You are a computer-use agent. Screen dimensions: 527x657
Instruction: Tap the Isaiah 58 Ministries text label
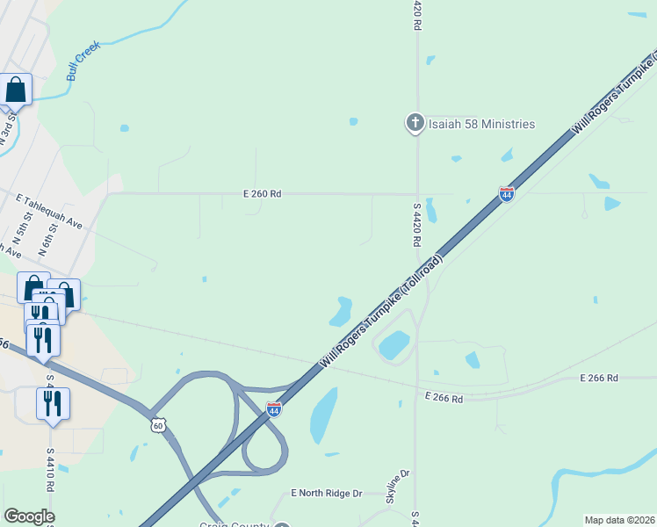click(481, 124)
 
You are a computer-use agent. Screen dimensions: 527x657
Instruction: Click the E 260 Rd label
click(263, 194)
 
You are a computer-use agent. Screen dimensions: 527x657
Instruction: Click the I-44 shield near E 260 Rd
click(506, 194)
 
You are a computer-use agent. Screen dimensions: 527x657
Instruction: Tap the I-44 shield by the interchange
click(274, 409)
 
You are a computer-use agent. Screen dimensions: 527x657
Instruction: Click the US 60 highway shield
click(157, 425)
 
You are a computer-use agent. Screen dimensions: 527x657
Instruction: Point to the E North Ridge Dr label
click(327, 494)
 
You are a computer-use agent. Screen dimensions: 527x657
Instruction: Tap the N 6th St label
click(47, 239)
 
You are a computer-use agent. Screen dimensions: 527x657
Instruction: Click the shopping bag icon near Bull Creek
click(16, 89)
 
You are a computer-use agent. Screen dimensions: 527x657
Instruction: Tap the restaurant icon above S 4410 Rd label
click(53, 403)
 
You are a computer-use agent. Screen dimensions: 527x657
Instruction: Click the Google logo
click(29, 516)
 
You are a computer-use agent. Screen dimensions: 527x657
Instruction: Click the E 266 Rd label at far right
click(599, 378)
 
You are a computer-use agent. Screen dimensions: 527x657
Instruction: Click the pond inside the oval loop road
click(394, 344)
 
